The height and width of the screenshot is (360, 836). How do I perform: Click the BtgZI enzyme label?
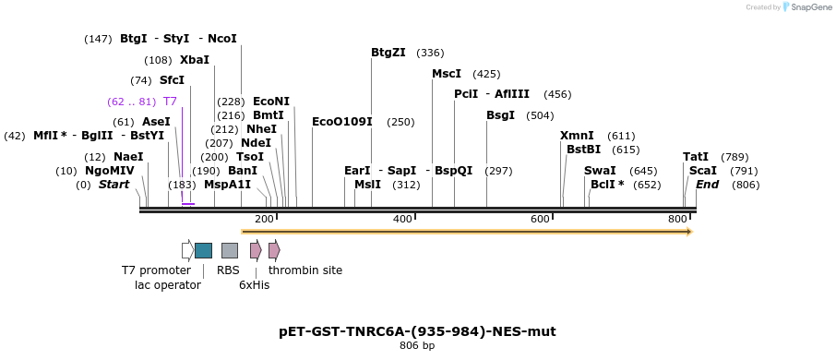(388, 53)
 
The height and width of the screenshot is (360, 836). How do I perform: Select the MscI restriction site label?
(447, 74)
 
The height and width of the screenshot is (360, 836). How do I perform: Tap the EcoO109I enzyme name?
(341, 122)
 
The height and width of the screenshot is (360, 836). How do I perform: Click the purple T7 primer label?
(170, 102)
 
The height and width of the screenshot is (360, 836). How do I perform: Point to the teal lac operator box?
(203, 250)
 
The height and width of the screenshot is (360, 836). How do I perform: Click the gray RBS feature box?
(230, 250)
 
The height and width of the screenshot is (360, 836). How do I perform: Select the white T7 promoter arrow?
(187, 250)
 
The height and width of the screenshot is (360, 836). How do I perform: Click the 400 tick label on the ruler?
(402, 219)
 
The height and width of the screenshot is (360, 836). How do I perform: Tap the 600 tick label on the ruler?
(540, 219)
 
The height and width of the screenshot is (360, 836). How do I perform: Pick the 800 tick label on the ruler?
(677, 219)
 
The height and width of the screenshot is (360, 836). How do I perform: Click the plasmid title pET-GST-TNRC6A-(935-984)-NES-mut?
(417, 331)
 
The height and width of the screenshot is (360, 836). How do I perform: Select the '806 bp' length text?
(417, 346)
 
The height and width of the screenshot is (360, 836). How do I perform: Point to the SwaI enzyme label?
(600, 171)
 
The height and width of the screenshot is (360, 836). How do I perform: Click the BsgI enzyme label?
(500, 115)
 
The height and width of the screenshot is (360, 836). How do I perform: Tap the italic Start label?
(113, 185)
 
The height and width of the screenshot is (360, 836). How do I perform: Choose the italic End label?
(707, 185)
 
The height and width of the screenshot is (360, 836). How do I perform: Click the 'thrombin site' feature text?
(305, 270)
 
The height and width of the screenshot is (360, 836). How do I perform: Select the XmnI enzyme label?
(577, 136)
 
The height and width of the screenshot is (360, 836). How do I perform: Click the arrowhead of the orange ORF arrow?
(688, 232)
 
